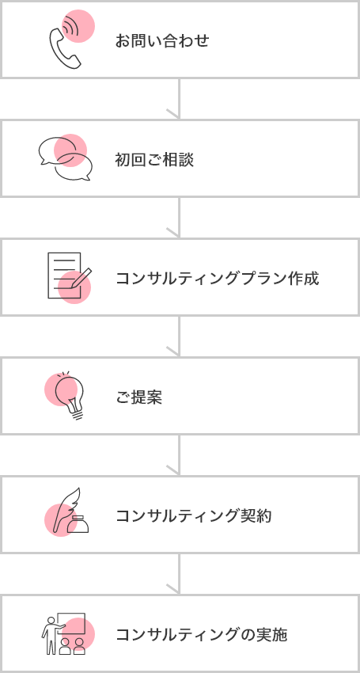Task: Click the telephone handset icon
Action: click(x=65, y=43)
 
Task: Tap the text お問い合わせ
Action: click(x=162, y=41)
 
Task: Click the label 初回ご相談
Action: click(x=154, y=160)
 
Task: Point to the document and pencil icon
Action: click(x=70, y=276)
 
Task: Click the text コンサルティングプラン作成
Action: click(x=218, y=279)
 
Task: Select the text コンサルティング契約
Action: click(x=194, y=516)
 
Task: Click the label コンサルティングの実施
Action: click(x=202, y=635)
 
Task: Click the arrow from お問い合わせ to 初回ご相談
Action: click(x=179, y=98)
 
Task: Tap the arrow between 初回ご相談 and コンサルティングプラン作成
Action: click(x=179, y=217)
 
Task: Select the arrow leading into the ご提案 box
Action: click(x=179, y=336)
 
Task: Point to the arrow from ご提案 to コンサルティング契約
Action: click(x=179, y=455)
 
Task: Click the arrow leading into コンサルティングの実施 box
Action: click(x=179, y=574)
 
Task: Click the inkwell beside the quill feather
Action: click(x=78, y=524)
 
